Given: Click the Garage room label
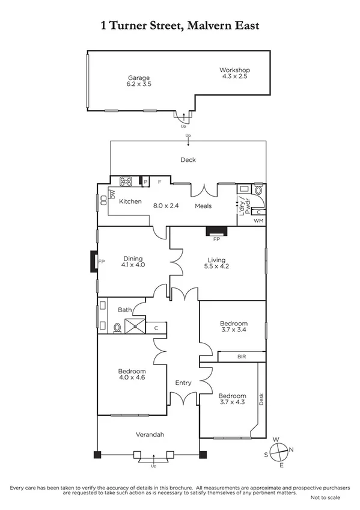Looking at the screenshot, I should click(138, 81).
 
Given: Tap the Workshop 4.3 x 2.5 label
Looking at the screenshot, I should click(234, 73).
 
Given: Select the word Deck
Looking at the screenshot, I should click(188, 160).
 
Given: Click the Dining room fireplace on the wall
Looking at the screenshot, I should click(94, 262).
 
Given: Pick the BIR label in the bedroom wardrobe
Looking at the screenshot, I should click(241, 357).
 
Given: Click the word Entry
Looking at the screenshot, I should click(183, 382).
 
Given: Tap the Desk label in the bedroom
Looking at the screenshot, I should click(261, 399).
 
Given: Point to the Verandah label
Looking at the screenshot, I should click(149, 434).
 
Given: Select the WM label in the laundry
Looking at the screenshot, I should click(258, 221).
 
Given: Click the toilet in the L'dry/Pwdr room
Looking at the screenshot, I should click(259, 189).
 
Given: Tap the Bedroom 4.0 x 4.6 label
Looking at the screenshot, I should click(132, 375).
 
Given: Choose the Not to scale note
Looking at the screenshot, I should click(325, 498).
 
